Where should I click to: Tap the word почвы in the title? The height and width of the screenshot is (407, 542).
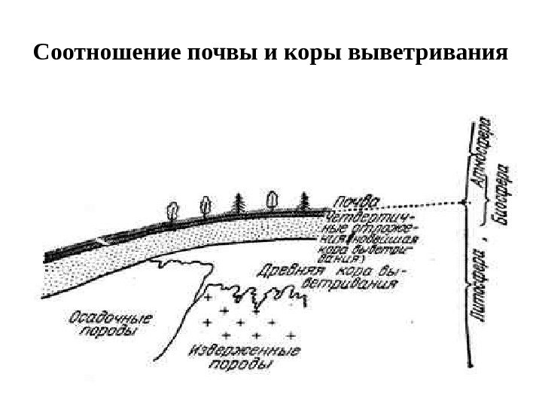tap(220, 56)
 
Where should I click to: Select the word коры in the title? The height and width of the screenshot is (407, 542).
tap(305, 56)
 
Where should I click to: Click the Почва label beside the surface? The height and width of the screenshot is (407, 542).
tap(355, 202)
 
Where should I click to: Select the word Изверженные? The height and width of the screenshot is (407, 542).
tap(244, 351)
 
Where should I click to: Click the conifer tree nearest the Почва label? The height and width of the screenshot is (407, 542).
tap(305, 201)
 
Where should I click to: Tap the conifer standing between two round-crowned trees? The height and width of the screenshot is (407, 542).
tap(239, 204)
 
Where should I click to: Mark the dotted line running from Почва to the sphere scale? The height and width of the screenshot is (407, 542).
tap(422, 206)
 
